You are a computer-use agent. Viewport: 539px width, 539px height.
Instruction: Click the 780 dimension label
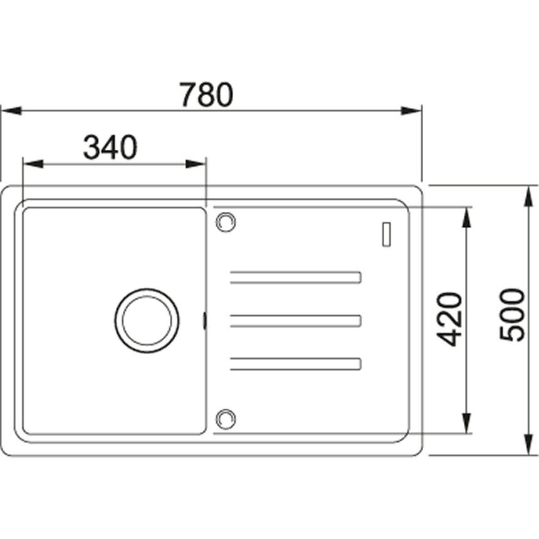tap(207, 94)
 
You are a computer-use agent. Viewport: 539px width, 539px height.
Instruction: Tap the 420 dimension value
tap(449, 320)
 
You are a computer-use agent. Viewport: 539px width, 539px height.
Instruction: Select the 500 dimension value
tap(512, 315)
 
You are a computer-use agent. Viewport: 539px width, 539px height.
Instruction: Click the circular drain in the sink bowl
tap(147, 321)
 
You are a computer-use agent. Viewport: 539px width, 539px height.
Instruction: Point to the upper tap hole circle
tap(226, 221)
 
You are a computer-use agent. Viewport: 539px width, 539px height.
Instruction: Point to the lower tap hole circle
tap(226, 419)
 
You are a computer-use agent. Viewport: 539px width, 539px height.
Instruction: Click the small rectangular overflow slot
tap(387, 234)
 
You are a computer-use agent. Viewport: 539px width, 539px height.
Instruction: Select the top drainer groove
tap(296, 278)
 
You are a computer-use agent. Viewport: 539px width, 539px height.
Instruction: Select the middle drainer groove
tap(296, 321)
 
